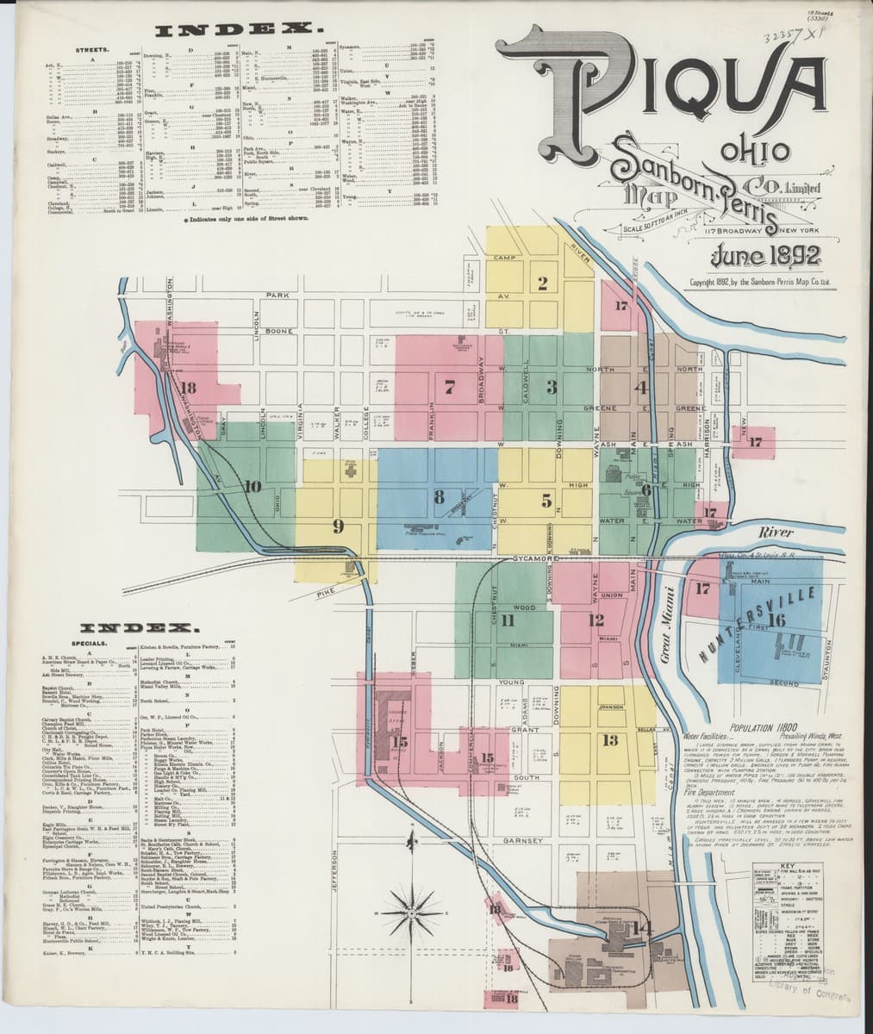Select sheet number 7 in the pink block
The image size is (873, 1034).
[449, 387]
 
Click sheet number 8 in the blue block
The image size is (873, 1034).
[439, 496]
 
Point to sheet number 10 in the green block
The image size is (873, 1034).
[252, 487]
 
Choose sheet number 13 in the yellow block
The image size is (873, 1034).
[610, 740]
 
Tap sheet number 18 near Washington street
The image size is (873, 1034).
[188, 387]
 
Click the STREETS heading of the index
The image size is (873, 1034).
[89, 51]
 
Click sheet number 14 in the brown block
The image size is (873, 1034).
[641, 928]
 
